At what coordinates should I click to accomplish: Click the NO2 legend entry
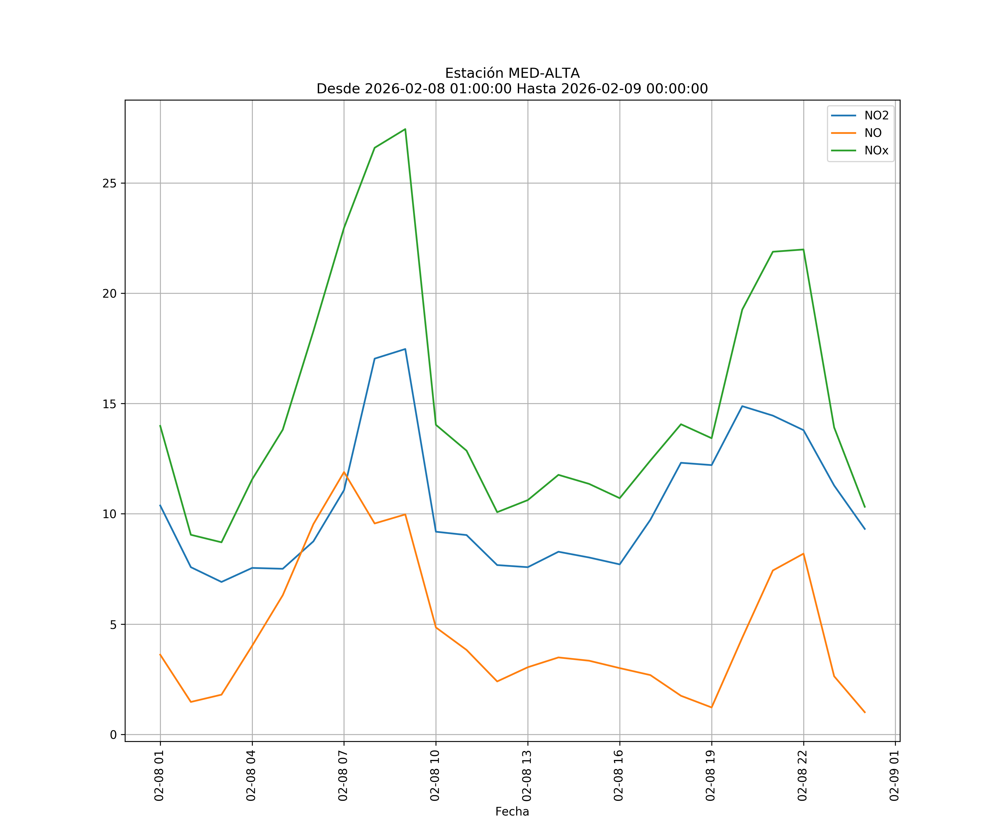point(876,116)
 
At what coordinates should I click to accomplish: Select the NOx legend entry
point(876,151)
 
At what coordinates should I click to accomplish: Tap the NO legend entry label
point(873,133)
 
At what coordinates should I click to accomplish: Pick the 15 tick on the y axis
point(109,404)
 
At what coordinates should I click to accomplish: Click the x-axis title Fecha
point(512,812)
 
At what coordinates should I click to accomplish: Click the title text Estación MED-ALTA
point(512,73)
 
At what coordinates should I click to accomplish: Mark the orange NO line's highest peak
point(344,472)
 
